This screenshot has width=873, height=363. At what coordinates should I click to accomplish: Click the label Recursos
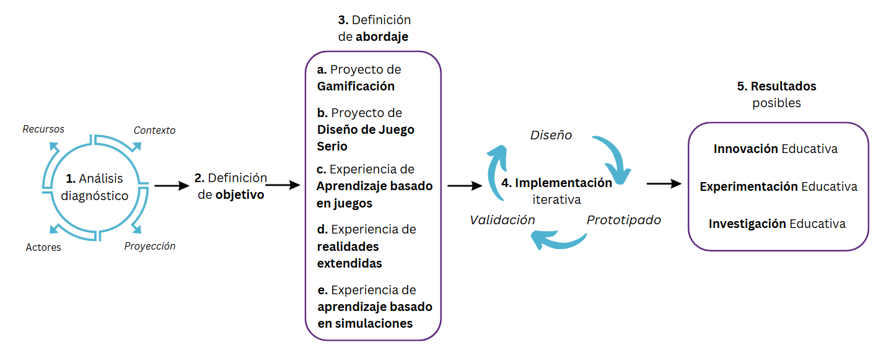click(43, 129)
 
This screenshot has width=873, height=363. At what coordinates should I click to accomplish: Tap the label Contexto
click(154, 130)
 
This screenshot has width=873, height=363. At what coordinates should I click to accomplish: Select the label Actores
click(43, 247)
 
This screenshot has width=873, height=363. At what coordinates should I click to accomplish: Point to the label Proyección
click(149, 246)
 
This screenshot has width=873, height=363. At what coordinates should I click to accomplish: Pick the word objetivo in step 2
click(240, 195)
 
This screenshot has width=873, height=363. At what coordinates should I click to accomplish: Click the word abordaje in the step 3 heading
click(382, 37)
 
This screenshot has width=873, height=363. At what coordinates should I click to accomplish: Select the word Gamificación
click(356, 86)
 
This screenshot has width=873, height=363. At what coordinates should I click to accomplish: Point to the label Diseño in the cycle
click(551, 135)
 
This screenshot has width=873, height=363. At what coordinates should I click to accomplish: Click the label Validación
click(502, 219)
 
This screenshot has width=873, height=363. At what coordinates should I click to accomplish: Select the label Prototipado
click(623, 219)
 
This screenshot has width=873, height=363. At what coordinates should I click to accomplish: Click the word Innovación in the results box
click(745, 149)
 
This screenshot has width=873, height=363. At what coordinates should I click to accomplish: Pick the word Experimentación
click(748, 186)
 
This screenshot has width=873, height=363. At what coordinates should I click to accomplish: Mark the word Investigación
click(747, 224)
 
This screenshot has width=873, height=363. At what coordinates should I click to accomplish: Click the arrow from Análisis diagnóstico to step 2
click(171, 185)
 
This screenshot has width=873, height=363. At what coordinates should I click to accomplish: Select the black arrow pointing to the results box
click(664, 184)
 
